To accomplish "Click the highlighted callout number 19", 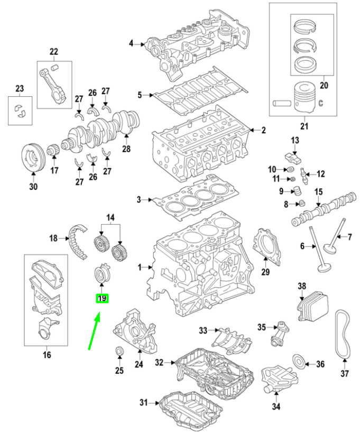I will pos(101,299).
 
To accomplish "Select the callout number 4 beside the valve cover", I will pos(131,43).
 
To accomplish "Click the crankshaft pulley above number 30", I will pos(33,158).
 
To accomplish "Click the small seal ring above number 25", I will pos(119,350).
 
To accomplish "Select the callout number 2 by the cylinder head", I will pos(263,130).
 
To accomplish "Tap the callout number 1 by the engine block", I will pos(140,269).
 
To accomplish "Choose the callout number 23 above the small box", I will pos(20,88).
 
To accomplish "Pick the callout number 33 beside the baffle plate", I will pos(203,330).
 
